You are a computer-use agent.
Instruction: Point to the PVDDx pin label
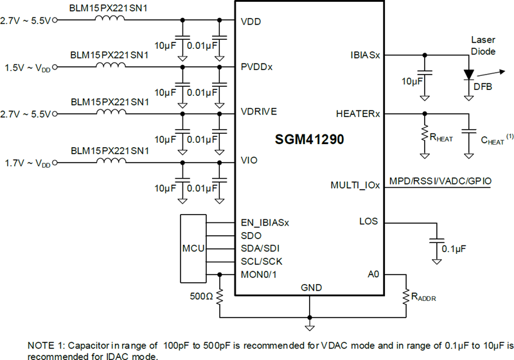click(257, 66)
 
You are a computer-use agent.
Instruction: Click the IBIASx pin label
click(364, 55)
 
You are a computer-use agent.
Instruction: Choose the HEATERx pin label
click(358, 114)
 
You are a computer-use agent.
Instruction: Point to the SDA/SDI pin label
click(260, 248)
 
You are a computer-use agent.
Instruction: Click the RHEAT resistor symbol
click(424, 134)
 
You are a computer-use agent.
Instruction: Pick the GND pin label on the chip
click(311, 287)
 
